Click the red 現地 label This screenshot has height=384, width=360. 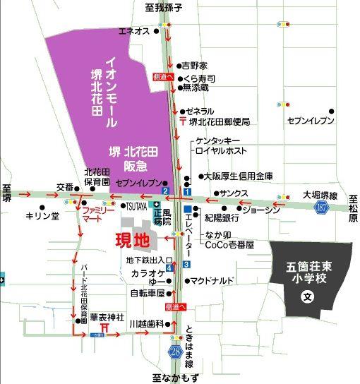[133, 239]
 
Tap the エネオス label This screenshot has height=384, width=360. [133, 31]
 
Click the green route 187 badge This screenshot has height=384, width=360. [323, 206]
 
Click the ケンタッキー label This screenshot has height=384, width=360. [219, 140]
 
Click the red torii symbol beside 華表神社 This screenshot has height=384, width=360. [104, 327]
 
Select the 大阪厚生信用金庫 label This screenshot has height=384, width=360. [238, 176]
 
